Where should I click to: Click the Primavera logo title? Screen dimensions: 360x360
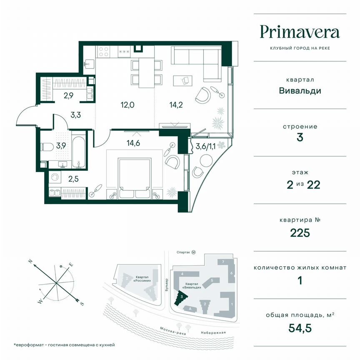click(x=300, y=32)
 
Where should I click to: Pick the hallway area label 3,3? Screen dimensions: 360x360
click(x=75, y=115)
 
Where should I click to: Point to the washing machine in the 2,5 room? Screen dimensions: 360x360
click(x=54, y=178)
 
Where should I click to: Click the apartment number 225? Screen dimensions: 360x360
click(x=300, y=232)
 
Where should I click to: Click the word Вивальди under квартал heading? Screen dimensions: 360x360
click(x=300, y=90)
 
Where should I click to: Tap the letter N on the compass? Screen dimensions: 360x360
click(x=30, y=261)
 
